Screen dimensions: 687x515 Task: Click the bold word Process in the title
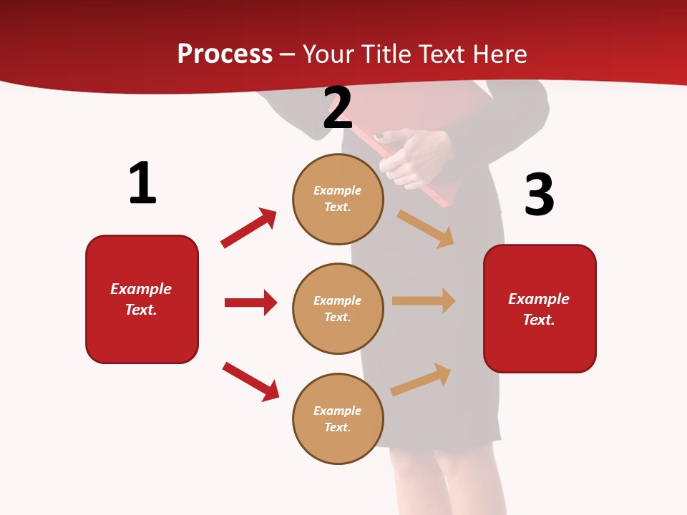(x=225, y=54)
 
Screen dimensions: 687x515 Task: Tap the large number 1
(x=142, y=183)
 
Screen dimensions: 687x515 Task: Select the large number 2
(x=338, y=108)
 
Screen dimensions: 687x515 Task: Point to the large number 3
(x=539, y=195)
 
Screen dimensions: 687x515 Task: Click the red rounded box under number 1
(x=142, y=299)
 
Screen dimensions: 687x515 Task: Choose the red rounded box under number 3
(x=540, y=308)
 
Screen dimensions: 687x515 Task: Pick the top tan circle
(x=338, y=199)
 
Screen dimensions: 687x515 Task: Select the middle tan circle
(x=338, y=308)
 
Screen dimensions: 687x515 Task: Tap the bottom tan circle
(x=338, y=418)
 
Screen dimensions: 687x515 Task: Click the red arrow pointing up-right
(x=249, y=228)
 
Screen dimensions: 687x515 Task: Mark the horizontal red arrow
(x=250, y=303)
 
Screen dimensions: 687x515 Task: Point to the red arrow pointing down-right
(x=250, y=381)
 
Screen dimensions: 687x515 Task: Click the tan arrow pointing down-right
(x=426, y=228)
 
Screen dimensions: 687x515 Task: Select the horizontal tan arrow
(x=424, y=300)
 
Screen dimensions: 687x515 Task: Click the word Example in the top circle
(x=337, y=190)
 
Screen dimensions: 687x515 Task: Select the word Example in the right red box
(x=539, y=299)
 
